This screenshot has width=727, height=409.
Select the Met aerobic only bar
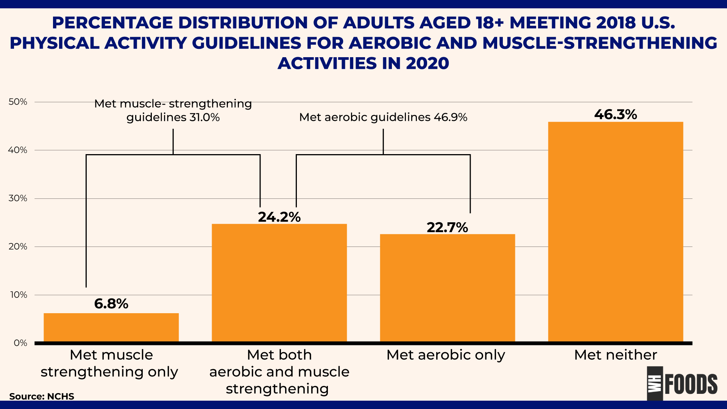[447, 288]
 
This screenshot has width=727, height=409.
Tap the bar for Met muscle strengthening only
[111, 327]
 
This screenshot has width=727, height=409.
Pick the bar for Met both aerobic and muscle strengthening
[279, 283]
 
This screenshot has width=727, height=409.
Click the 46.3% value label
[615, 114]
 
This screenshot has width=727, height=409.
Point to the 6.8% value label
[111, 304]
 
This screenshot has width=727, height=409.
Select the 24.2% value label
[279, 217]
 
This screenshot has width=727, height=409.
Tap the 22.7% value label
[447, 227]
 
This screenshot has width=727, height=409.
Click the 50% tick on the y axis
[18, 102]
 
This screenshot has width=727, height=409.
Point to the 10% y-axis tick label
[18, 295]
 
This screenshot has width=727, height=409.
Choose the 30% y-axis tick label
[18, 198]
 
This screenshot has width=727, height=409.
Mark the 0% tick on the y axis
[20, 343]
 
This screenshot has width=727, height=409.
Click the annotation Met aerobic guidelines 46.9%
[383, 117]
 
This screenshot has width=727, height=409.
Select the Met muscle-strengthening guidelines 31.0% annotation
[173, 110]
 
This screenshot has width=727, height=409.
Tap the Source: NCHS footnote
[42, 396]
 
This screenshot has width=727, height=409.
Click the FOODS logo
[682, 384]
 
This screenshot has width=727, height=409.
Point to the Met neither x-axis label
[615, 355]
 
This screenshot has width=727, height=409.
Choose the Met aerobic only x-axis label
[446, 355]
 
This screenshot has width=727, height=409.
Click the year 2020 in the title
[427, 63]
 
